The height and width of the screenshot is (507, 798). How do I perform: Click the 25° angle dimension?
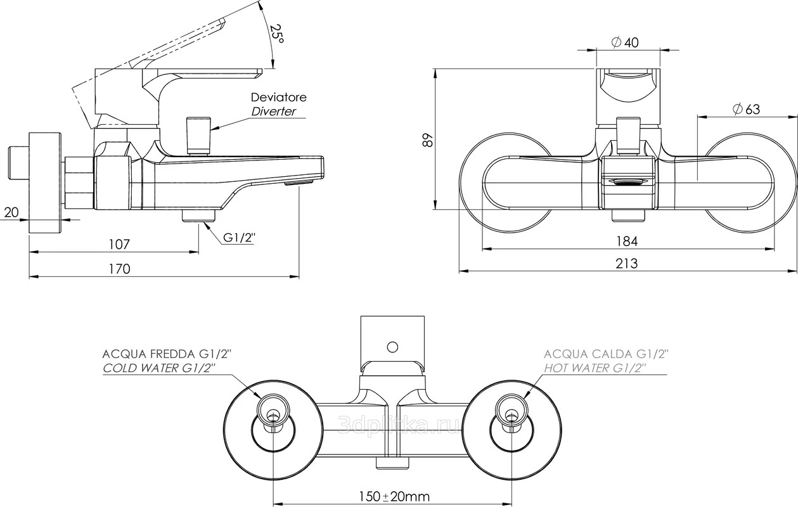276,33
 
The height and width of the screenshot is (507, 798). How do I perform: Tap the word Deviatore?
278,98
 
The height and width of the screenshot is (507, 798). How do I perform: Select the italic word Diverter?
273,112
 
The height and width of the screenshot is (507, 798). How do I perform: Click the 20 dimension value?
11,212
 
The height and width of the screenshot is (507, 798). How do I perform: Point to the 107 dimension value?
119,244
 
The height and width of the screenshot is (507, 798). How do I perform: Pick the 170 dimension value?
119,269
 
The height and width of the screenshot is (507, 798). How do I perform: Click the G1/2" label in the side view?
238,238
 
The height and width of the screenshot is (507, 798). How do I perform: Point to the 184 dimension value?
627,241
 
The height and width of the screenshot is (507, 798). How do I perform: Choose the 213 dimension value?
627,263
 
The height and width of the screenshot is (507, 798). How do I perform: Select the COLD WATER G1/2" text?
159,368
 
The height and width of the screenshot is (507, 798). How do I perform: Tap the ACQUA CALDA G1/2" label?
607,354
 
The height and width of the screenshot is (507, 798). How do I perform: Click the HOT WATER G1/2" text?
594,368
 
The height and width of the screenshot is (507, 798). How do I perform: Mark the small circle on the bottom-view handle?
392,347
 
